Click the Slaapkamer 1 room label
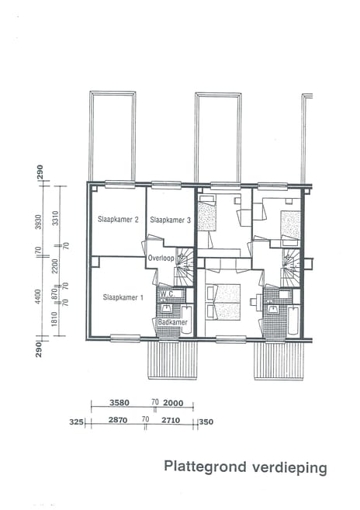[x=123, y=297]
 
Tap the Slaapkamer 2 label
[x=118, y=220]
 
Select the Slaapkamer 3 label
[x=171, y=220]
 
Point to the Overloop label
[x=161, y=258]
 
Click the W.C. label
[x=166, y=293]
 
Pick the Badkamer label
[x=173, y=322]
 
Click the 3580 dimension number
[x=119, y=403]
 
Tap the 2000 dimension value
[x=173, y=403]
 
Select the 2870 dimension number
[x=118, y=420]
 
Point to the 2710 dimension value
[x=171, y=420]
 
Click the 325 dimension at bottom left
[x=77, y=422]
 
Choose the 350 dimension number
[x=206, y=422]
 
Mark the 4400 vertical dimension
[x=38, y=297]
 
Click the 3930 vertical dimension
[x=38, y=222]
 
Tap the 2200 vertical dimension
[x=54, y=265]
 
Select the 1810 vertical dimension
[x=54, y=319]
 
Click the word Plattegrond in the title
[x=205, y=467]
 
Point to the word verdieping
[x=289, y=468]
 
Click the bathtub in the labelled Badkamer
[x=187, y=320]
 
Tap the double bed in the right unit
[x=223, y=302]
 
